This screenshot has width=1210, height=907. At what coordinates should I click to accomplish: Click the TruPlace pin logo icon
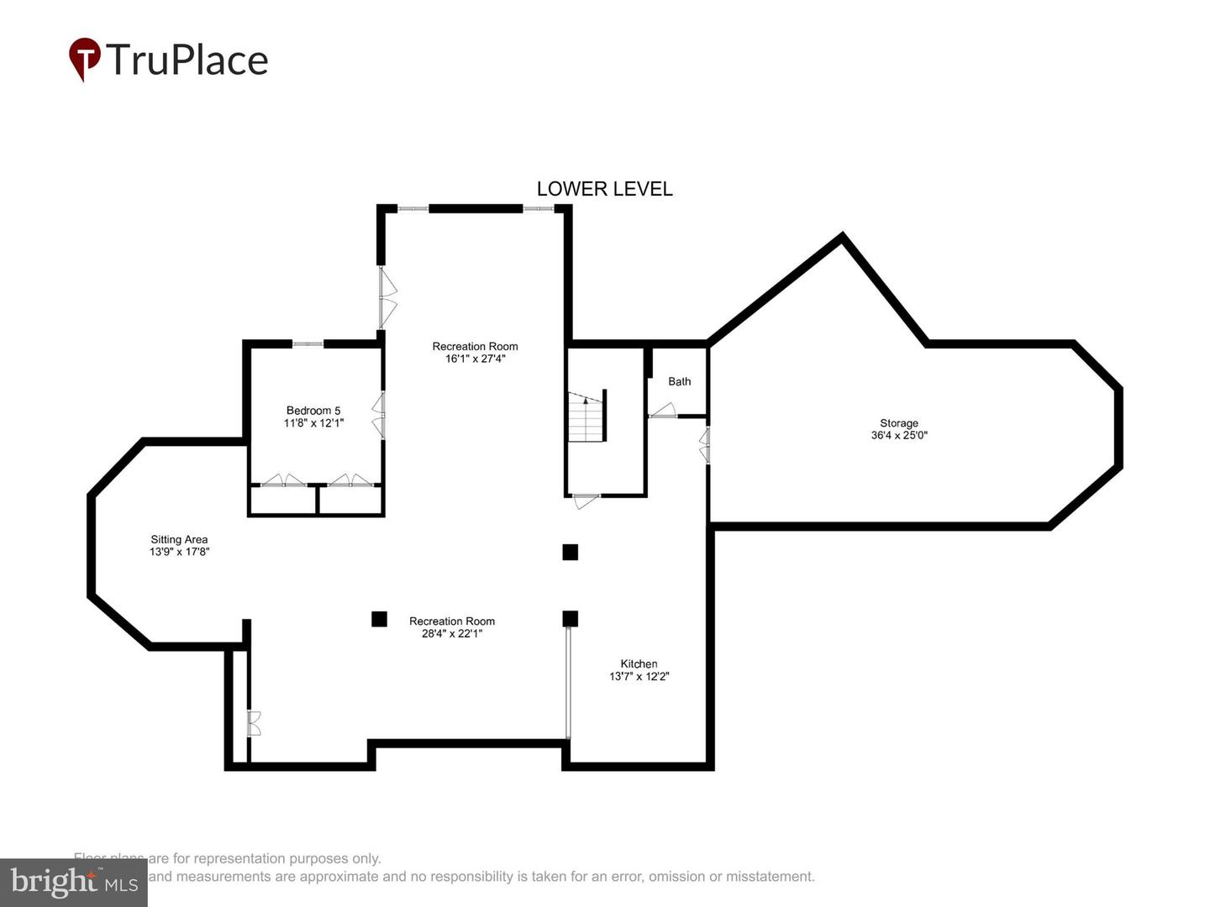(x=84, y=60)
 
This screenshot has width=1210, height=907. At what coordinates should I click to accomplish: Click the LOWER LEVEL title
(x=604, y=189)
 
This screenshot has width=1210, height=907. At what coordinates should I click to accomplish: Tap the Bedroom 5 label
(x=313, y=411)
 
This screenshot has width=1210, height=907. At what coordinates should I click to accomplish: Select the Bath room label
(x=679, y=381)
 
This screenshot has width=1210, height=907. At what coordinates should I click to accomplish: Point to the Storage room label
(x=898, y=423)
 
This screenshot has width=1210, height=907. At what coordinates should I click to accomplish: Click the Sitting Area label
(x=179, y=540)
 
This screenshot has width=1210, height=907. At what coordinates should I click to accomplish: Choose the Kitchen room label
(x=639, y=663)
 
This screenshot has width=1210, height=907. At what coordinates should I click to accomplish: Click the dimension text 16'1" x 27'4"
(x=475, y=359)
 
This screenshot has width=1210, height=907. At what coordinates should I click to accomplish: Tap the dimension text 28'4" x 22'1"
(x=451, y=633)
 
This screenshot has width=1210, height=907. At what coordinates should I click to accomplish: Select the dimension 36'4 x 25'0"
(x=898, y=435)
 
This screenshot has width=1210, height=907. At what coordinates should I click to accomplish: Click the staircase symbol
(x=587, y=417)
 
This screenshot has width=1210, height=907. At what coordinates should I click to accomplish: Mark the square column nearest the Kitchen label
(x=571, y=619)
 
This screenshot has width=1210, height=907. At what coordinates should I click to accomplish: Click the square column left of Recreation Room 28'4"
(x=379, y=619)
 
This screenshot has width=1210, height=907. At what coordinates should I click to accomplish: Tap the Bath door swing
(x=663, y=411)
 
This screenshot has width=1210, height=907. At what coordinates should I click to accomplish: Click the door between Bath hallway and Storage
(x=706, y=444)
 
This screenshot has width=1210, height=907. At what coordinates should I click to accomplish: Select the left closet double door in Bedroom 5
(x=282, y=480)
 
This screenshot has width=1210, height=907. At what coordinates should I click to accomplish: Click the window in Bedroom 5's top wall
(x=308, y=343)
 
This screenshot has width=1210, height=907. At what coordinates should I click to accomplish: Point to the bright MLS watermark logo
(x=73, y=882)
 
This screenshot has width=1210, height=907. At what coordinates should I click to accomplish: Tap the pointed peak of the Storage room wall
(x=842, y=237)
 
